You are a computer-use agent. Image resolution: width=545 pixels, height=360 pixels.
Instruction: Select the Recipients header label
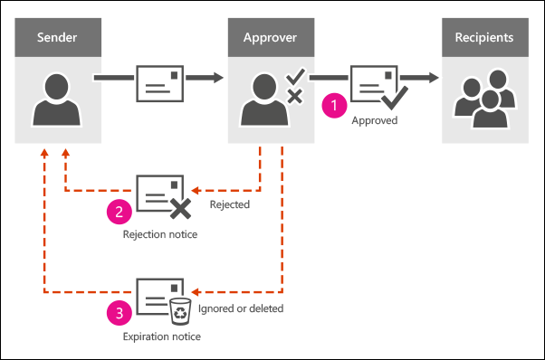click(484, 38)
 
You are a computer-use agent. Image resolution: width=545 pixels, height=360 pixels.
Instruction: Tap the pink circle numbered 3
click(118, 313)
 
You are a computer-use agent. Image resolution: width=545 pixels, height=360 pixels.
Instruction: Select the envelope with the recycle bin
click(160, 297)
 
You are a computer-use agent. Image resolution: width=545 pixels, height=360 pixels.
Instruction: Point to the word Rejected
click(229, 205)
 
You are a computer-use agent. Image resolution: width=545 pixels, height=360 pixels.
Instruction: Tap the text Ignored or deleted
click(242, 308)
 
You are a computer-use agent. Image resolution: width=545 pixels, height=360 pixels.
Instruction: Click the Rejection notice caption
click(159, 234)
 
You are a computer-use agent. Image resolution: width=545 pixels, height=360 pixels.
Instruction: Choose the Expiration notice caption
click(160, 336)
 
